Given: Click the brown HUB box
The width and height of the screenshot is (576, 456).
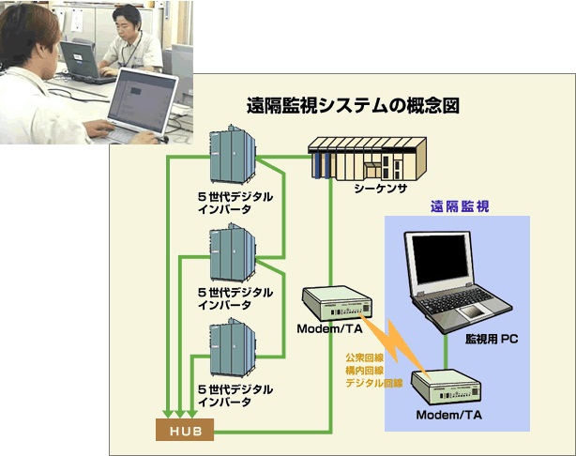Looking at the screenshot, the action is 185,430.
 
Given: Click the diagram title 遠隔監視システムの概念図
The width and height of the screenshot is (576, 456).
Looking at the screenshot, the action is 353,106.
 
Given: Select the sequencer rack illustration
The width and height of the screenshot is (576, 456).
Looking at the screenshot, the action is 367,159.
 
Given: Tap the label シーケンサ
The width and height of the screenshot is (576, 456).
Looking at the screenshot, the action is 381,189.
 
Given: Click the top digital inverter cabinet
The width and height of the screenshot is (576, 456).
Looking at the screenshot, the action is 233,154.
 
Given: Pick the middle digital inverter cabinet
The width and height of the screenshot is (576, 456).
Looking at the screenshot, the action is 233,252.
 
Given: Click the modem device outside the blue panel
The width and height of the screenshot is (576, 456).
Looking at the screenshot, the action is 337,303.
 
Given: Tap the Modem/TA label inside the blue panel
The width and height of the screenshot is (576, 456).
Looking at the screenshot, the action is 449,416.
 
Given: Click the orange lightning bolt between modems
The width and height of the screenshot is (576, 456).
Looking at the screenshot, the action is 394,342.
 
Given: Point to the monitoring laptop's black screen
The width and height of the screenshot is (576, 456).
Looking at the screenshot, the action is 441,259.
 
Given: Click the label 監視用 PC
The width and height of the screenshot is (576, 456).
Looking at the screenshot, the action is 492,339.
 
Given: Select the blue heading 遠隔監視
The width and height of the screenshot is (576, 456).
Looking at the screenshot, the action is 460,206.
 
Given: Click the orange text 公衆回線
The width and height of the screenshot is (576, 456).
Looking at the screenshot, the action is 359,357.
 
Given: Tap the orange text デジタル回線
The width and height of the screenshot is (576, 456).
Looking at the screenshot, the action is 374,383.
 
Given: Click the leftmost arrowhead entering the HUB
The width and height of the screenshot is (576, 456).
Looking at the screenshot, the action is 168,414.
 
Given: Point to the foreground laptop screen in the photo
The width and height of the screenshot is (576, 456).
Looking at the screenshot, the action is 142,100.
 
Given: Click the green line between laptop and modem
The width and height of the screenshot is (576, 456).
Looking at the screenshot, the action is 446,352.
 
